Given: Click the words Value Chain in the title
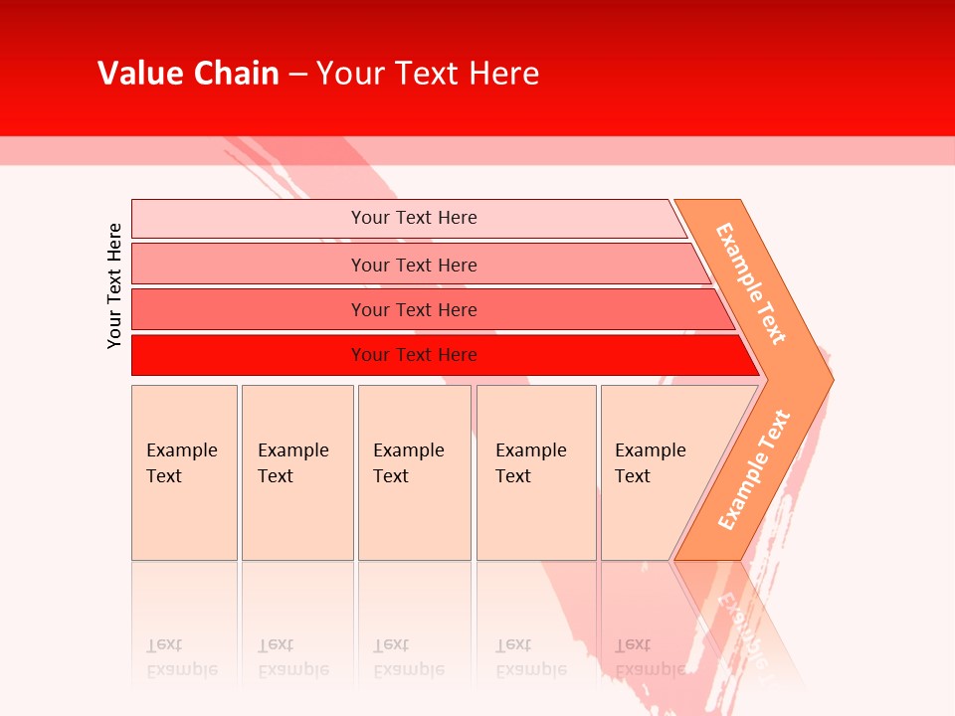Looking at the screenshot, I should (188, 74).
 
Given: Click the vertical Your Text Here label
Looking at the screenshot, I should (114, 285).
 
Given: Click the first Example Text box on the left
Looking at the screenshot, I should (184, 472).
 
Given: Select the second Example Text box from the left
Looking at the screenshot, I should (297, 472).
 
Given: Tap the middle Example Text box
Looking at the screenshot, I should (414, 472).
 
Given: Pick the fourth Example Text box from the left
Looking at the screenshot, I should (536, 472).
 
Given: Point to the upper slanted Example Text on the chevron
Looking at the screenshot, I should (751, 283).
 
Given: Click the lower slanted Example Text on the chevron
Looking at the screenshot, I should (754, 469).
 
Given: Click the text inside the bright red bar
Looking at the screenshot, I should (414, 355).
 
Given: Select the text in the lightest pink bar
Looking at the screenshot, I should (414, 218).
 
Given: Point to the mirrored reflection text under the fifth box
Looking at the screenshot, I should (650, 658).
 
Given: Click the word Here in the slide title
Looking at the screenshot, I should (503, 74).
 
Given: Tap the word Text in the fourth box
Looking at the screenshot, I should (513, 476).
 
